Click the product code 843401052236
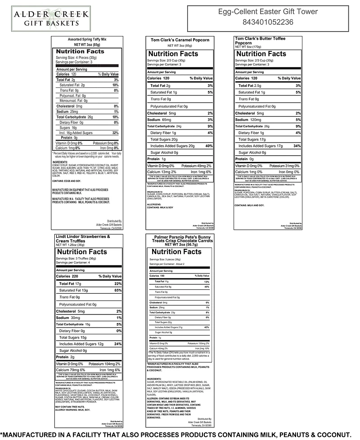click(x=267, y=22)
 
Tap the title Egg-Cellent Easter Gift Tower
click(x=267, y=12)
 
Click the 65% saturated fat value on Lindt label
click(x=118, y=291)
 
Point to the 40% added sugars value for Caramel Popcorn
click(x=208, y=146)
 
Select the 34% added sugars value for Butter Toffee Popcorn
click(x=297, y=146)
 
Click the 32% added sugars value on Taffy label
click(x=115, y=133)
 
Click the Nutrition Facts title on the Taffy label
click(x=80, y=51)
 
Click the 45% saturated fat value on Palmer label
click(x=207, y=287)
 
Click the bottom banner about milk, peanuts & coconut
click(x=180, y=434)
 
